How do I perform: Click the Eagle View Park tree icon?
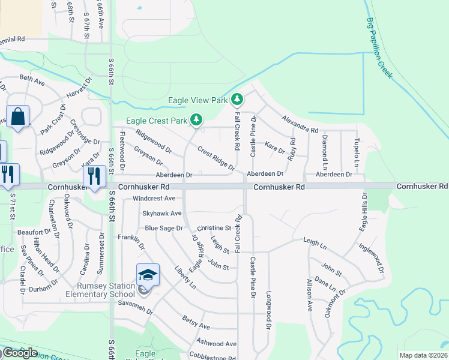[x=238, y=99]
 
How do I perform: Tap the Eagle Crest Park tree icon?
[x=195, y=120]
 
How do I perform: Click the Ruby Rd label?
[x=292, y=149]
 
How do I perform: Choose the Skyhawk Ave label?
[x=161, y=213]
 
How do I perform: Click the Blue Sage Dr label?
[x=163, y=228]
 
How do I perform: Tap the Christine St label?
[x=214, y=228]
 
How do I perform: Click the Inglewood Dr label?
[x=372, y=255]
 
